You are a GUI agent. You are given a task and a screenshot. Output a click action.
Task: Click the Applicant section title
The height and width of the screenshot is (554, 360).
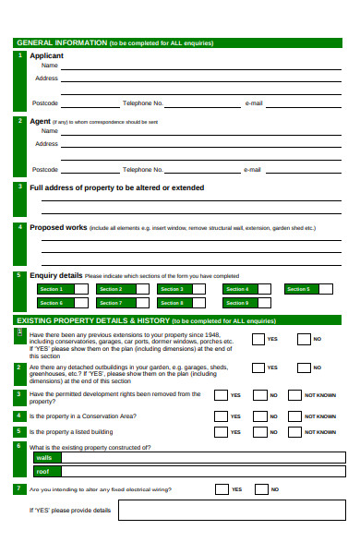click(x=47, y=55)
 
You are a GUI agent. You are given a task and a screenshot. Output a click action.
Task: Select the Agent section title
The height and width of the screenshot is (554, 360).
click(x=40, y=121)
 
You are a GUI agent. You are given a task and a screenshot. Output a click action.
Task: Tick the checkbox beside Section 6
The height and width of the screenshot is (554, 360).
click(x=81, y=303)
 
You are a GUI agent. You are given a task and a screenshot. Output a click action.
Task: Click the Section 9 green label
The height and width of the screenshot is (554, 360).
click(x=236, y=303)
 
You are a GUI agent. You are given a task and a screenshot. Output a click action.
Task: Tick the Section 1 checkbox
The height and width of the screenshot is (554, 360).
click(x=81, y=289)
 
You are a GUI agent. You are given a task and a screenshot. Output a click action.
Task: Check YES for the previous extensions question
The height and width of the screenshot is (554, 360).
click(x=255, y=339)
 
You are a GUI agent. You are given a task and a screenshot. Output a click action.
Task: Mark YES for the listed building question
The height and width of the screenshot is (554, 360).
click(x=221, y=431)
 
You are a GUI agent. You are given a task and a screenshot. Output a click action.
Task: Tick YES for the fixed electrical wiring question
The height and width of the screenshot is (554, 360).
click(x=221, y=489)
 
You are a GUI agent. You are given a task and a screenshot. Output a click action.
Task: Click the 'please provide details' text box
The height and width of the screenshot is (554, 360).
click(x=230, y=511)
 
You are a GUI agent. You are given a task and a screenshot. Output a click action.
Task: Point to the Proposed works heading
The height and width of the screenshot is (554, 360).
click(x=58, y=227)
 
